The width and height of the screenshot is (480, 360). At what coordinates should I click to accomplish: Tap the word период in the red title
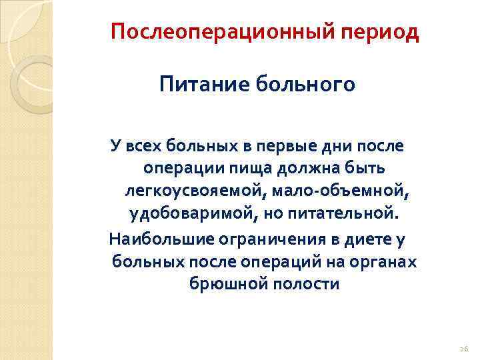click(x=381, y=31)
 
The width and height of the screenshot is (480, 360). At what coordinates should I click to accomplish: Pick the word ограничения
click(x=261, y=238)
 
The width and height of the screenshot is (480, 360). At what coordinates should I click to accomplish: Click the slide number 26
click(x=464, y=348)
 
